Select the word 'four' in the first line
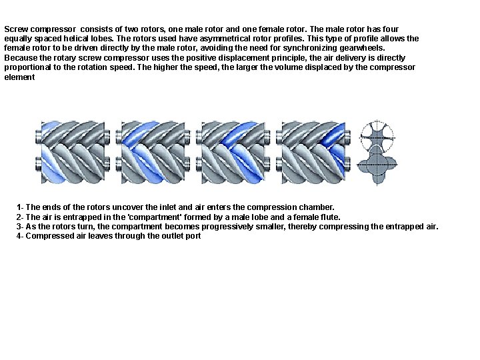pyautogui.click(x=407, y=30)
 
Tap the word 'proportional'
pyautogui.click(x=27, y=67)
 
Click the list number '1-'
pyautogui.click(x=20, y=208)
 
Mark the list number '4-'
pyautogui.click(x=20, y=236)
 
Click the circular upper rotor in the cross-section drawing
pyautogui.click(x=377, y=136)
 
